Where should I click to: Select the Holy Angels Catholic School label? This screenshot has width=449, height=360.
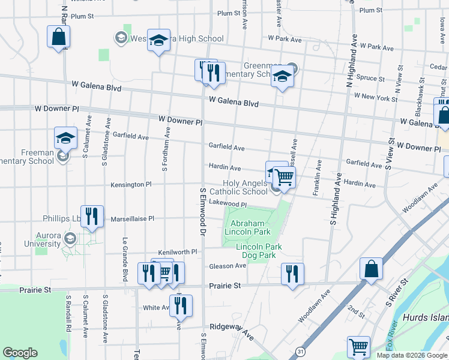pos(245,187)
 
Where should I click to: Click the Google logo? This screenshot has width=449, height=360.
pos(20,353)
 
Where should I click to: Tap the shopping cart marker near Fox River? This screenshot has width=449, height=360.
pos(358,346)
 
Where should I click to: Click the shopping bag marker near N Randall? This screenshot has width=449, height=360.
pos(59,37)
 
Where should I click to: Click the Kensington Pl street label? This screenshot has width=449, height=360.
pos(127,185)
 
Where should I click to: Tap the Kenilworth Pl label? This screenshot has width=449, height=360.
pos(177,253)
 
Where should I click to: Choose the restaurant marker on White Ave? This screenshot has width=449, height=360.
pos(180,305)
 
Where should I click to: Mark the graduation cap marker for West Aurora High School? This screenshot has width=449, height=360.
pos(158,40)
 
